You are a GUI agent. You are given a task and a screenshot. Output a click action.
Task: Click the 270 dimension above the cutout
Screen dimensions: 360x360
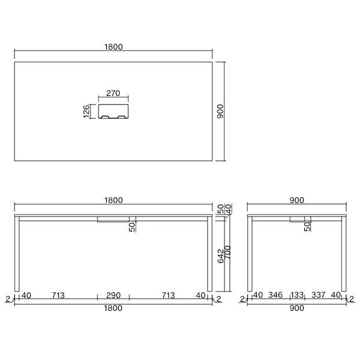click(113, 93)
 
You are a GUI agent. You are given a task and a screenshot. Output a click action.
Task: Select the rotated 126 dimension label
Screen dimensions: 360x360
click(86, 112)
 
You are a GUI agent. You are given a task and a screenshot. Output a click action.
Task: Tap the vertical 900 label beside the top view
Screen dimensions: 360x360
click(220, 112)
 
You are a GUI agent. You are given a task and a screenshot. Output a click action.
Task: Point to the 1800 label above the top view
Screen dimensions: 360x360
click(113, 47)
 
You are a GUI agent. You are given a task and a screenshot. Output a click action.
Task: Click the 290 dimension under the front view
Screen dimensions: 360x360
click(113, 295)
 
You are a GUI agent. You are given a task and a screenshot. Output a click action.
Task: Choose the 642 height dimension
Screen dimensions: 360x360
click(220, 256)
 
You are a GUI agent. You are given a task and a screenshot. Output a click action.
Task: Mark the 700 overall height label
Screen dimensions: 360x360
click(227, 253)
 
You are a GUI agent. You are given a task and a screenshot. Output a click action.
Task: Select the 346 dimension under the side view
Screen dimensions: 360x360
click(275, 295)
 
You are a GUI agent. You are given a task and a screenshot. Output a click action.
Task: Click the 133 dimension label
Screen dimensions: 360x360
click(298, 295)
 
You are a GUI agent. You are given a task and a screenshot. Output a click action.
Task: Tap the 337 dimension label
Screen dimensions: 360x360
click(318, 295)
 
